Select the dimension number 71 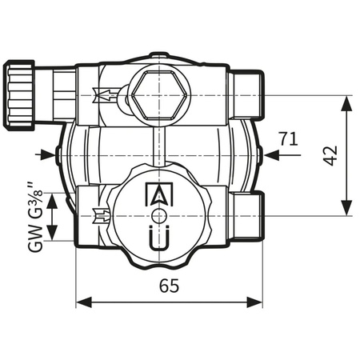click(x=290, y=138)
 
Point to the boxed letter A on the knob click(x=158, y=194)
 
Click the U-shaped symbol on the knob click(x=158, y=238)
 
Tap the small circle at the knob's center click(x=158, y=216)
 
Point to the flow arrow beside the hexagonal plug click(x=104, y=94)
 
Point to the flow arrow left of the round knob click(x=102, y=214)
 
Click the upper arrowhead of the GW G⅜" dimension click(x=53, y=197)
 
